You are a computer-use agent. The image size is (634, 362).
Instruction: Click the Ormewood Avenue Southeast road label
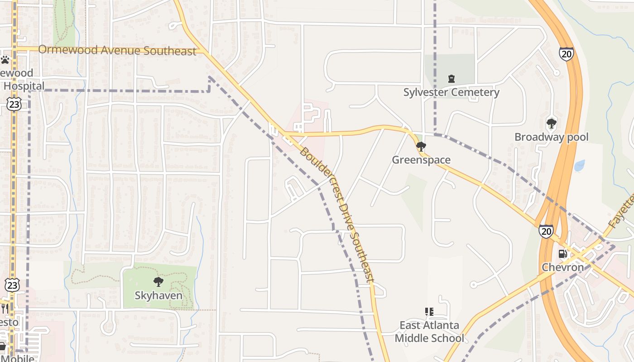point(117,50)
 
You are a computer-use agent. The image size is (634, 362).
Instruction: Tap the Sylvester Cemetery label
point(451,92)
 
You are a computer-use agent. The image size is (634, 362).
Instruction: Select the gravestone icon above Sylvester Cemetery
point(451,79)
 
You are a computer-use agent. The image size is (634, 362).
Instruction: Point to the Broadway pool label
point(551,137)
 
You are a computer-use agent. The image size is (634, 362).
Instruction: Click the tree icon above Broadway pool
point(551,123)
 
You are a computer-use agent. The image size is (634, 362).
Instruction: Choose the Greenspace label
point(421,160)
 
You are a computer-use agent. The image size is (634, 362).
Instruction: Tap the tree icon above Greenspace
point(421,146)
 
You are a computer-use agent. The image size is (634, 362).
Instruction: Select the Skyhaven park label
point(158,296)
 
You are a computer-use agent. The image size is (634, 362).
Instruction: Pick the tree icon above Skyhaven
point(158,282)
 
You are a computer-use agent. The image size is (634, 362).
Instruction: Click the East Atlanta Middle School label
point(429,332)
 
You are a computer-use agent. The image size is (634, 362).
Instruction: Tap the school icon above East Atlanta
point(429,311)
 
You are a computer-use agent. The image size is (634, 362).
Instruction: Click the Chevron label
point(563,267)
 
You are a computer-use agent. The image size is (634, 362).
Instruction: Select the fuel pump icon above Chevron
point(563,254)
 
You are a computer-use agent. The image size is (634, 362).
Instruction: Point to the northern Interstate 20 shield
point(566,54)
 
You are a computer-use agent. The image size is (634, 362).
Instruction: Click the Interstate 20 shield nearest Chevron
point(546,231)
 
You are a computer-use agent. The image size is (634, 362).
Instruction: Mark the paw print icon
point(5,60)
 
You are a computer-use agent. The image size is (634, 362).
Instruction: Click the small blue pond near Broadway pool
point(579,166)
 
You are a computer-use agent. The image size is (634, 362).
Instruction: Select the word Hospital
point(24,86)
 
